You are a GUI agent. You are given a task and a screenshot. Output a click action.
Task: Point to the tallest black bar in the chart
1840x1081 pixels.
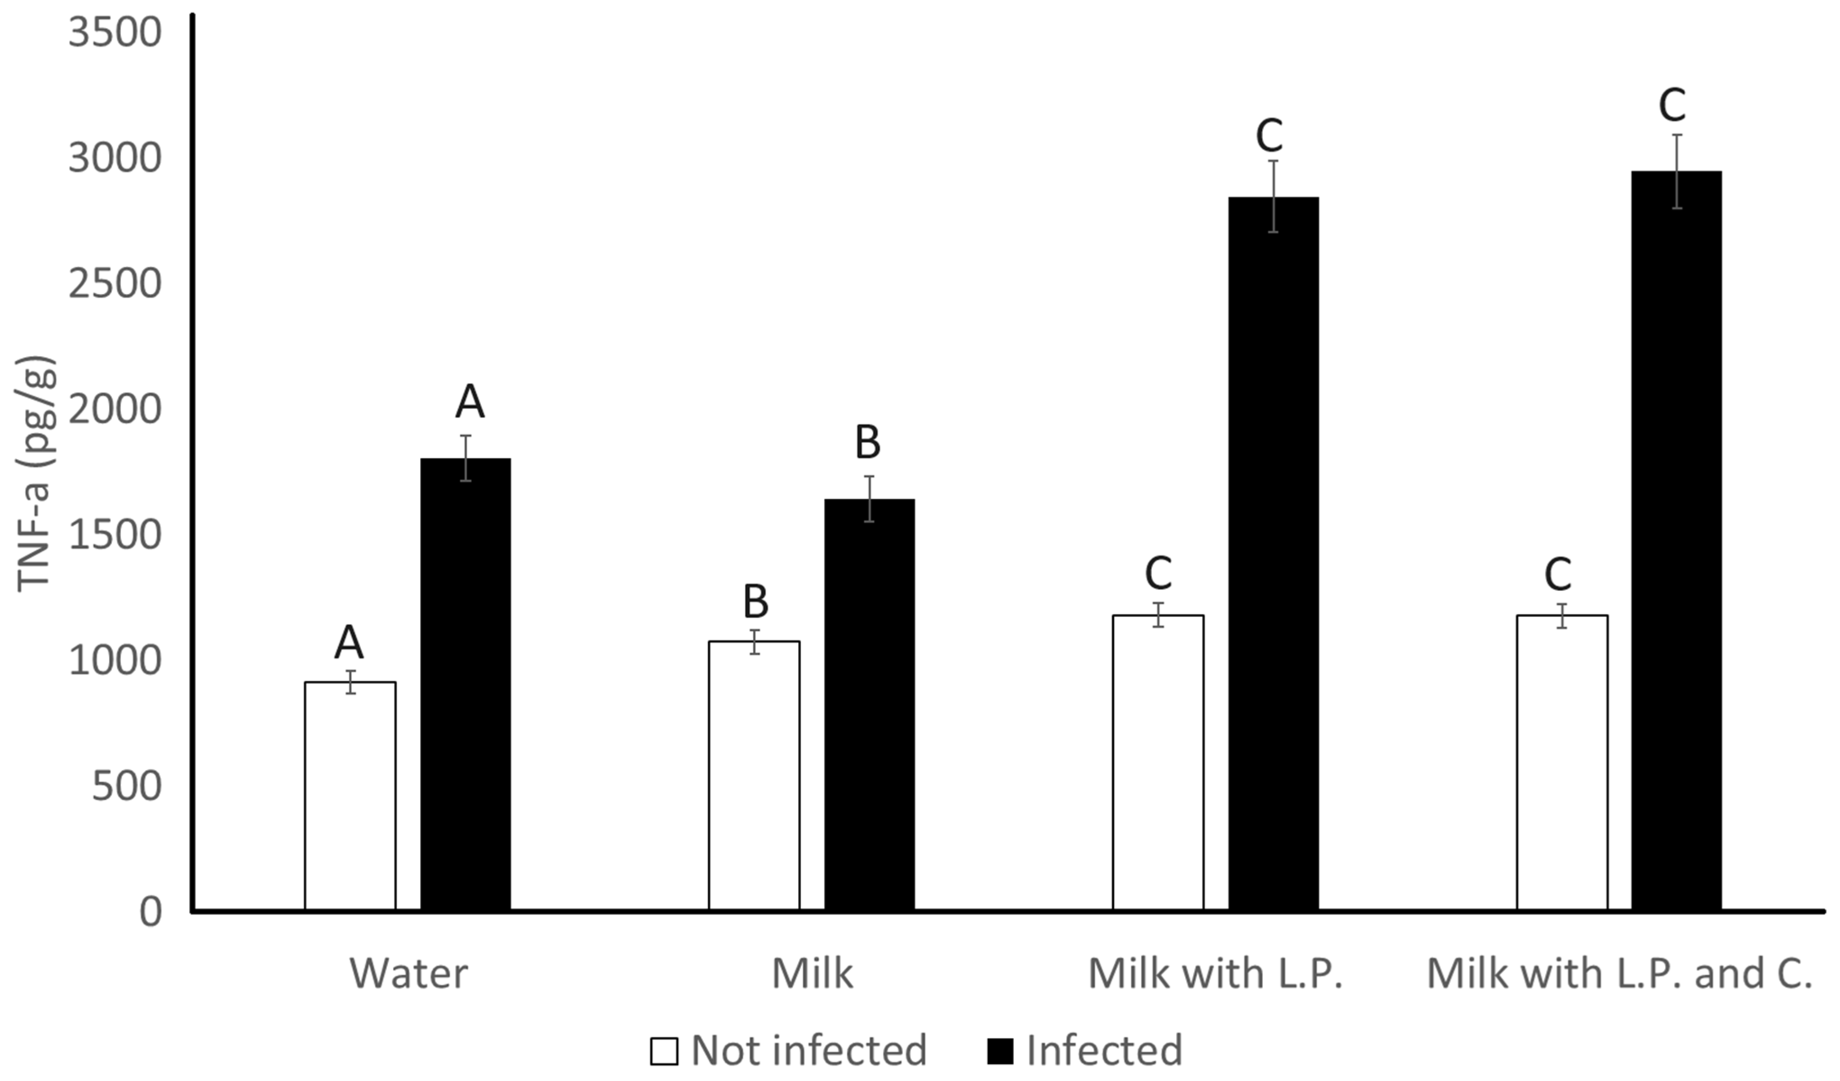1676,540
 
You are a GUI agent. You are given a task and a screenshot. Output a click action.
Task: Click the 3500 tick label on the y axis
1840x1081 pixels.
115,33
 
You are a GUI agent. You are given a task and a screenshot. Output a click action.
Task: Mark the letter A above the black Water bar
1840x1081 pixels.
469,402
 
